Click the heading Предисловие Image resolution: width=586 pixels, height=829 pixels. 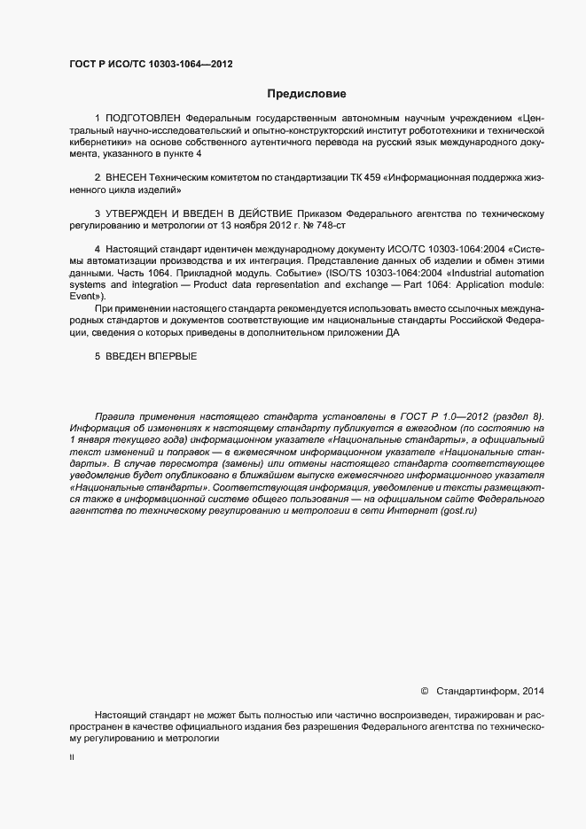(x=307, y=93)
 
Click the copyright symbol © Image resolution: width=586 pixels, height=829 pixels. (x=424, y=690)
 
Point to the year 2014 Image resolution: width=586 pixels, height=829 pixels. (x=535, y=690)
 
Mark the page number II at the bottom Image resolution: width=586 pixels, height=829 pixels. (x=72, y=757)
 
